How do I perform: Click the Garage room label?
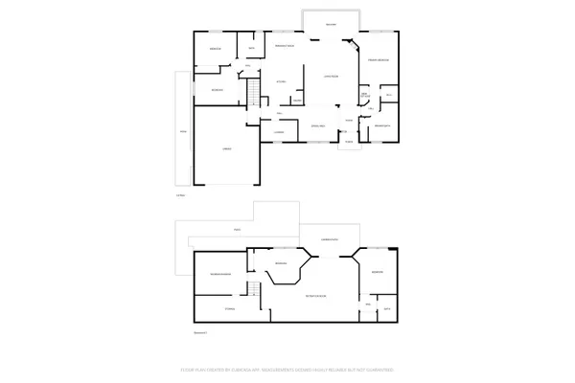227,148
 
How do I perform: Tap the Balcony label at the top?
331,23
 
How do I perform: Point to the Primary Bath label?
381,125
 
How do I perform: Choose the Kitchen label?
282,82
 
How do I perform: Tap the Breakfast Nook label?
284,46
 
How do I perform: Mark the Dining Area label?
319,125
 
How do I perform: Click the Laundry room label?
279,131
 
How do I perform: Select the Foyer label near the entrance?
349,121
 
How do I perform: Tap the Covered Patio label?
329,238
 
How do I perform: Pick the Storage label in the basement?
229,308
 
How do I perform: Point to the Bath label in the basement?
387,309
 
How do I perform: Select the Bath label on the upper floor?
251,48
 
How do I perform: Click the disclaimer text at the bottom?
287,369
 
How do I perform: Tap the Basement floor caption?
199,332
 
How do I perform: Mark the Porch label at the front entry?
350,142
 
